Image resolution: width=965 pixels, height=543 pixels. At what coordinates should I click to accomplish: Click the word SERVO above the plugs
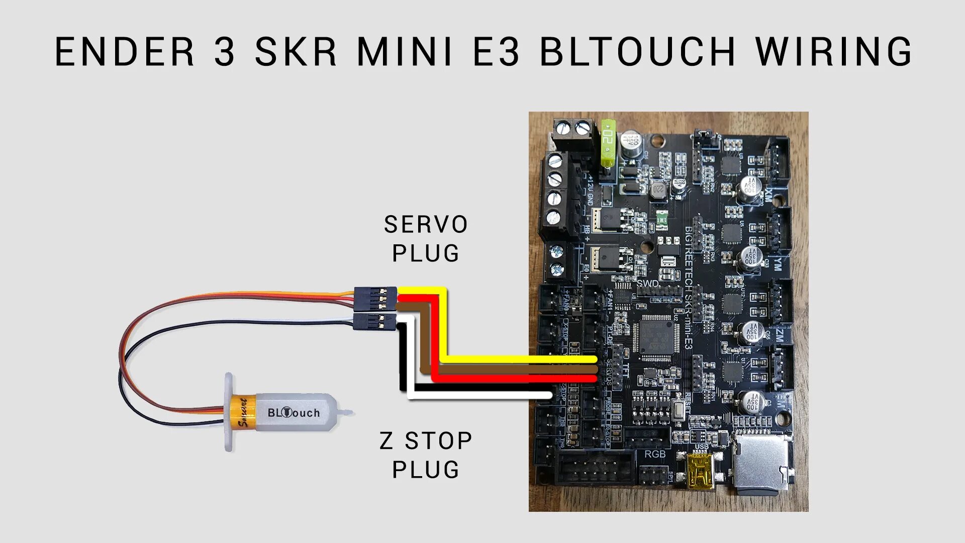(x=426, y=225)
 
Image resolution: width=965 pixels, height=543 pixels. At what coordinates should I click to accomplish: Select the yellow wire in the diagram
(x=503, y=359)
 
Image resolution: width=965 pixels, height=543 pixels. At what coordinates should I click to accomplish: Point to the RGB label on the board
(x=655, y=454)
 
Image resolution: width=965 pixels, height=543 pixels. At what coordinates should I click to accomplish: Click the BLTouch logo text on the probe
(x=294, y=413)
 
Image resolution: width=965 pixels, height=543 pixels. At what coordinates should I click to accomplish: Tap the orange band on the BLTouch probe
(x=243, y=413)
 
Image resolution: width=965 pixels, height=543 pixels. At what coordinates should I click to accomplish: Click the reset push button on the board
(x=679, y=411)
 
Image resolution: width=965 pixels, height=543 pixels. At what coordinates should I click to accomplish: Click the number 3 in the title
(x=224, y=51)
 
